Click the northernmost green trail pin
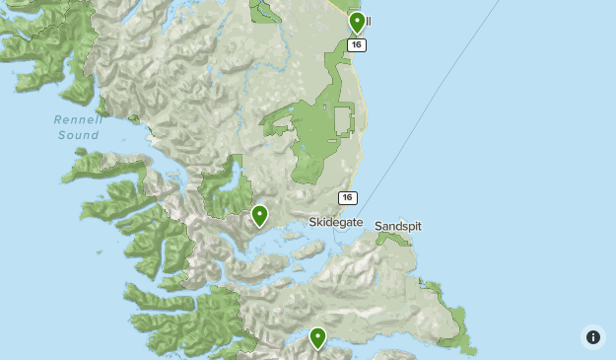[x=357, y=22]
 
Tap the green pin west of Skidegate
[x=259, y=215]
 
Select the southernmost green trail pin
[x=317, y=338]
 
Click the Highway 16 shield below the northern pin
[x=357, y=45]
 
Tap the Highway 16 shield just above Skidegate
[x=347, y=198]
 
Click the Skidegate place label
[x=336, y=224]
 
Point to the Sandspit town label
[x=397, y=226]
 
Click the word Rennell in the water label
[x=77, y=119]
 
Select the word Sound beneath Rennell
[x=77, y=134]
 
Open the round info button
[x=592, y=336]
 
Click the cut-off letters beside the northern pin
[x=369, y=22]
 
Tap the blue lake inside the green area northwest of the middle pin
[x=235, y=183]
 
